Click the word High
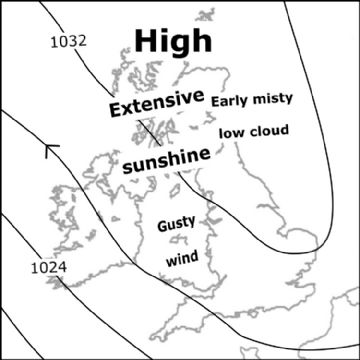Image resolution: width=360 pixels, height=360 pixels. tap(173, 41)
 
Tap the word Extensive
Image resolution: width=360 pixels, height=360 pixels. tap(156, 106)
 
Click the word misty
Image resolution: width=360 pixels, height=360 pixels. tap(272, 101)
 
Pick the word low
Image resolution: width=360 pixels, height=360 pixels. tap(233, 132)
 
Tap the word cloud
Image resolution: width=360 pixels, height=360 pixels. tap(270, 131)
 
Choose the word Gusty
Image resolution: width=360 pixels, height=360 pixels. tap(176, 226)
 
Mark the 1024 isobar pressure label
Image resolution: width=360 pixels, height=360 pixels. tap(47, 267)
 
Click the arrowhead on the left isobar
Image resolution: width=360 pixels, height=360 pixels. tap(50, 152)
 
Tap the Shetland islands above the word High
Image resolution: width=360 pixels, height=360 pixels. tap(209, 17)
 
